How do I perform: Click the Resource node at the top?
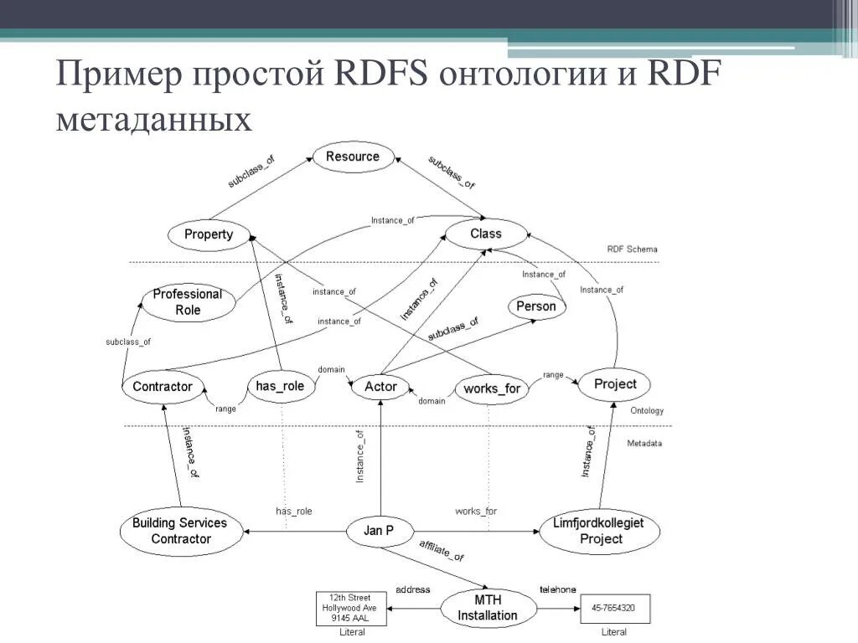[x=352, y=157]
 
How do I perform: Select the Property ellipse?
[x=209, y=234]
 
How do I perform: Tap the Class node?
[x=485, y=234]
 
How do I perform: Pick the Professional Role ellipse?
[x=188, y=302]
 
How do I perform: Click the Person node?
[x=536, y=306]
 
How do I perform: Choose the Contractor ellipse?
[x=163, y=386]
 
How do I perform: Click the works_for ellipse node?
[x=493, y=388]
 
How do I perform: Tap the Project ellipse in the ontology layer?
[x=615, y=384]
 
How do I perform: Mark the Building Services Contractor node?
[x=180, y=531]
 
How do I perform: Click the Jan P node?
[x=379, y=531]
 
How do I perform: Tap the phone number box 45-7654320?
[x=614, y=608]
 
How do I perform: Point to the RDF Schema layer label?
[x=632, y=249]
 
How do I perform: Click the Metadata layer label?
[x=643, y=443]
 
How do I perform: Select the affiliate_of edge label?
[x=442, y=552]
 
